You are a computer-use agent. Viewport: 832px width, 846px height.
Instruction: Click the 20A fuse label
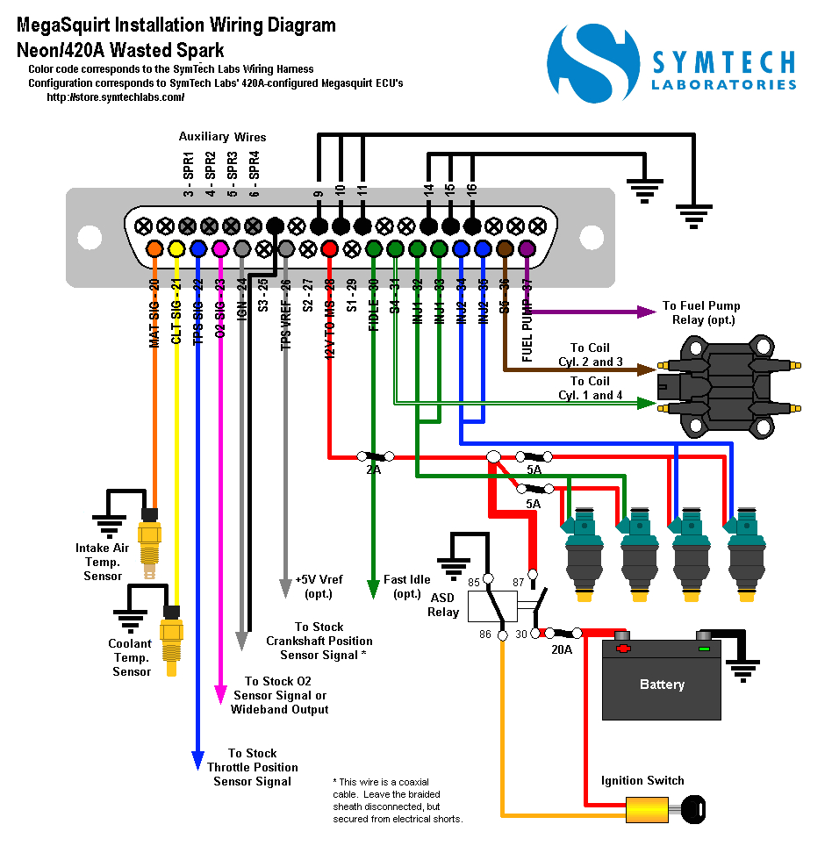click(562, 650)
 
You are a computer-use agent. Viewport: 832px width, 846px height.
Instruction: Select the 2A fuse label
click(373, 470)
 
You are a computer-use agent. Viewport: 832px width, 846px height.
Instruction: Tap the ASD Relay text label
click(443, 605)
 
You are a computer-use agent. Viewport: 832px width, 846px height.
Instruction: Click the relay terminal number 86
click(484, 633)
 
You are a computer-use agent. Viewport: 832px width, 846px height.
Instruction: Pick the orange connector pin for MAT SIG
click(154, 248)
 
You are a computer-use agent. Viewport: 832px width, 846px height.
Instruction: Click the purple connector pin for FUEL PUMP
click(527, 248)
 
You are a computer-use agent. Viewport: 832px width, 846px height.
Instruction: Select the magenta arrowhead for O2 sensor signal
click(219, 695)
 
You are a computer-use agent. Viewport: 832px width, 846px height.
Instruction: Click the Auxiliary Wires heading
click(222, 137)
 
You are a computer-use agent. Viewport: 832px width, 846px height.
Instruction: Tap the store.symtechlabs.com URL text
click(115, 97)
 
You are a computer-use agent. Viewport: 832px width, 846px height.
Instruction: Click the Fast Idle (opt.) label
click(407, 586)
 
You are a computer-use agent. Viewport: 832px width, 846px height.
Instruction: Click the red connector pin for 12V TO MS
click(330, 248)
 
